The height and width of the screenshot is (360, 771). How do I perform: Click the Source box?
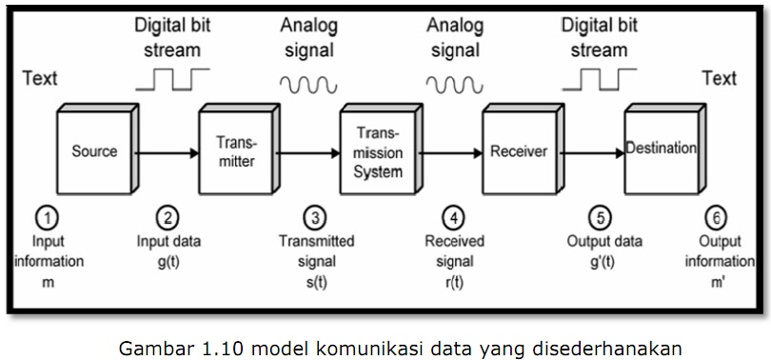click(95, 151)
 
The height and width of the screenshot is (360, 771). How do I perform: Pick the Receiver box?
click(519, 151)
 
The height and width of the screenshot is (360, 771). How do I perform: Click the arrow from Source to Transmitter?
click(166, 150)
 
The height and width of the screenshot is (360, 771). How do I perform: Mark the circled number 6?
click(719, 217)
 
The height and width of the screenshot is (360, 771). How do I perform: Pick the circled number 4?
click(454, 217)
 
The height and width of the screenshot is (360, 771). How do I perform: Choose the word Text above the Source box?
click(40, 78)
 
